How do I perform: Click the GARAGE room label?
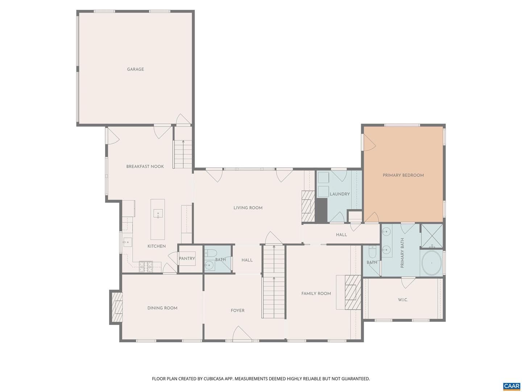pos(135,69)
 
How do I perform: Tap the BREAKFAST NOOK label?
pos(145,166)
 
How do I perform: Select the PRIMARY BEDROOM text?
pos(403,175)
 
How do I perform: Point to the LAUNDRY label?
pos(340,194)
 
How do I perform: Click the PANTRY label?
pos(187,258)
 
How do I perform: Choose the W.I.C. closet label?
pos(403,300)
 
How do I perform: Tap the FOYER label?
pos(237,310)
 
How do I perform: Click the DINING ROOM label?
pos(162,308)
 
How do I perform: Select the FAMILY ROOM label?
pos(316,294)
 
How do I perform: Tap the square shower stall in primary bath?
pos(432,236)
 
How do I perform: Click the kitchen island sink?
pos(158,213)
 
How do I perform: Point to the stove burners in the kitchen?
pos(146,266)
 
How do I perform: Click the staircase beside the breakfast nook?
pos(183,154)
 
